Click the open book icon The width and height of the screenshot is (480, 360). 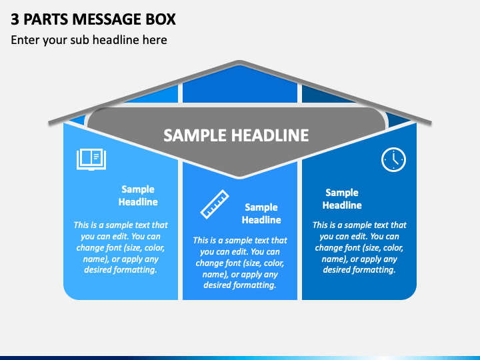(x=91, y=159)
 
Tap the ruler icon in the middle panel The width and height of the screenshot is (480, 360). (x=215, y=204)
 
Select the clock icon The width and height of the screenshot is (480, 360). (x=393, y=159)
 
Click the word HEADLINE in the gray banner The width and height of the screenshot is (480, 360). (x=270, y=135)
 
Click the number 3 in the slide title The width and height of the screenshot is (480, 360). (x=15, y=19)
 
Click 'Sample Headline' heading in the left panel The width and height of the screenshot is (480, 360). (x=138, y=195)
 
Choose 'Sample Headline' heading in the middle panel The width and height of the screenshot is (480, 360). (x=261, y=213)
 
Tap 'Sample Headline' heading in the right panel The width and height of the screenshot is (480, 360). (x=342, y=199)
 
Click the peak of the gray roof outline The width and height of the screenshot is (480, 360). (x=240, y=62)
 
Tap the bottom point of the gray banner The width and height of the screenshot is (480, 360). (x=240, y=177)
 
